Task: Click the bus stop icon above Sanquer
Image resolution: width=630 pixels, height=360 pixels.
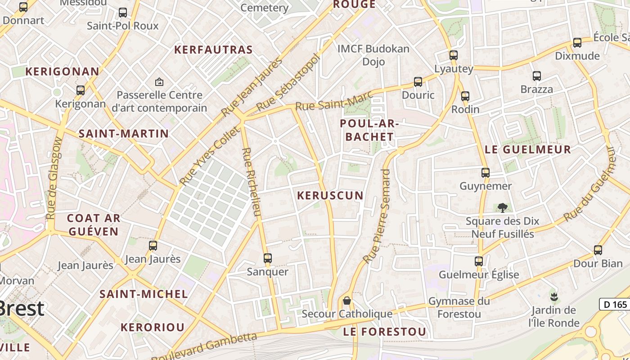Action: coord(268,258)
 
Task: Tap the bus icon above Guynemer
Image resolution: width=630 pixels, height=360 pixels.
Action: coord(485,173)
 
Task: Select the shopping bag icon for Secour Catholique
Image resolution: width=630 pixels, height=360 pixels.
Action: coord(347,300)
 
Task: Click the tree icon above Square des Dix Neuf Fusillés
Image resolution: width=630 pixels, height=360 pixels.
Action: coord(503,207)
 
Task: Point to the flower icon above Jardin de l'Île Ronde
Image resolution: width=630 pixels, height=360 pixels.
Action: coord(553,297)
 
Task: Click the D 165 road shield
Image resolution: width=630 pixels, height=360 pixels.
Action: coord(615,305)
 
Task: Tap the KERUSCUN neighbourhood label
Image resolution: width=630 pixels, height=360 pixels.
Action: coord(330,195)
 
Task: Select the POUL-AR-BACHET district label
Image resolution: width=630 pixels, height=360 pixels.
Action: coord(367,130)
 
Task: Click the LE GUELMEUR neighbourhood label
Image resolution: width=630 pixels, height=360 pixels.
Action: coord(528,150)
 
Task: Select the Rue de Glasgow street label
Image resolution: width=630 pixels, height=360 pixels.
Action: coord(54,178)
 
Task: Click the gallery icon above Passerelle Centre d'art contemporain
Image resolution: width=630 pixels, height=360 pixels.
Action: coord(159,82)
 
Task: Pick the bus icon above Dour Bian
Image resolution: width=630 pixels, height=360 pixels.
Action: coord(598,250)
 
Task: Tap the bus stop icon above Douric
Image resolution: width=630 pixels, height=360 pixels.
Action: coord(418,82)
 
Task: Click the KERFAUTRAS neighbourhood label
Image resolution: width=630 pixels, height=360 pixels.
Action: coord(213,50)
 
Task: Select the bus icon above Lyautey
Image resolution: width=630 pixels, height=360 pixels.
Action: coord(454,55)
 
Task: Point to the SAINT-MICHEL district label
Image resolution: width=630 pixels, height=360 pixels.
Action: coord(144,294)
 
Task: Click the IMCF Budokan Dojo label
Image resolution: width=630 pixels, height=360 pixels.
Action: coord(373,55)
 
